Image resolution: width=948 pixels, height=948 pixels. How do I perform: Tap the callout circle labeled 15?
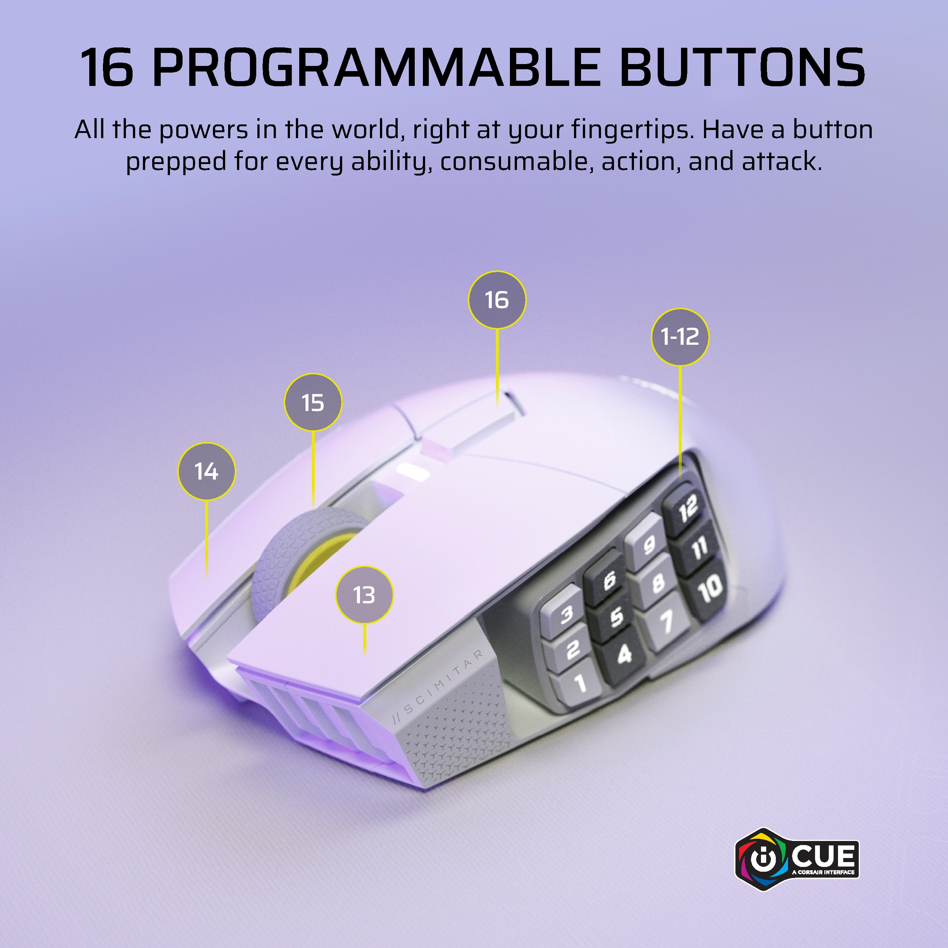pyautogui.click(x=313, y=403)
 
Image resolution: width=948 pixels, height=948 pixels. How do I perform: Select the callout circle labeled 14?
pyautogui.click(x=207, y=471)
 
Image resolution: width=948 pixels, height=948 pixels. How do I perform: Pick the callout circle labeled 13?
pyautogui.click(x=364, y=595)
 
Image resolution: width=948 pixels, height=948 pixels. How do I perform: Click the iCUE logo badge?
pyautogui.click(x=797, y=859)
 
